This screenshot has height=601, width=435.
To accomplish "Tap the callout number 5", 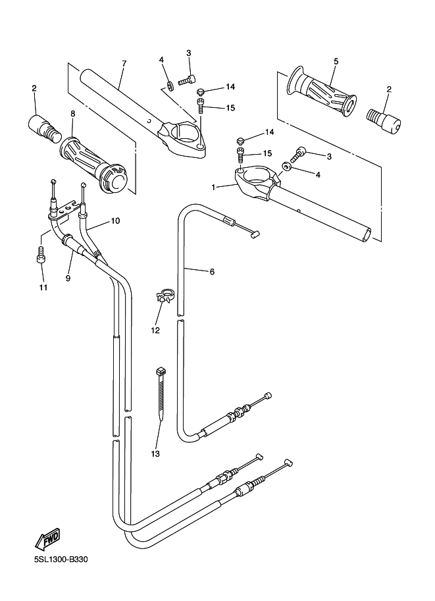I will pos(336,61).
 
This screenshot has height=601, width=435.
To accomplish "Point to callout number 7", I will pos(124,63).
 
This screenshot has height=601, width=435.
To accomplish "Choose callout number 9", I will pos(68,278).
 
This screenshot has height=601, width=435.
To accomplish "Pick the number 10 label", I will pos(115,221).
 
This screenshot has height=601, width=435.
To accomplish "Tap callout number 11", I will pos(43,288).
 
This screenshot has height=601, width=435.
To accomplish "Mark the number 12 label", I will pos(155,330).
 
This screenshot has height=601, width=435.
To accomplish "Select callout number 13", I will pos(155,454).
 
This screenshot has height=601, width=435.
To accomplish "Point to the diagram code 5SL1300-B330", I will pos(61,560).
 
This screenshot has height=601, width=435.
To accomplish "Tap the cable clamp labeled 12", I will pos(165,296).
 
